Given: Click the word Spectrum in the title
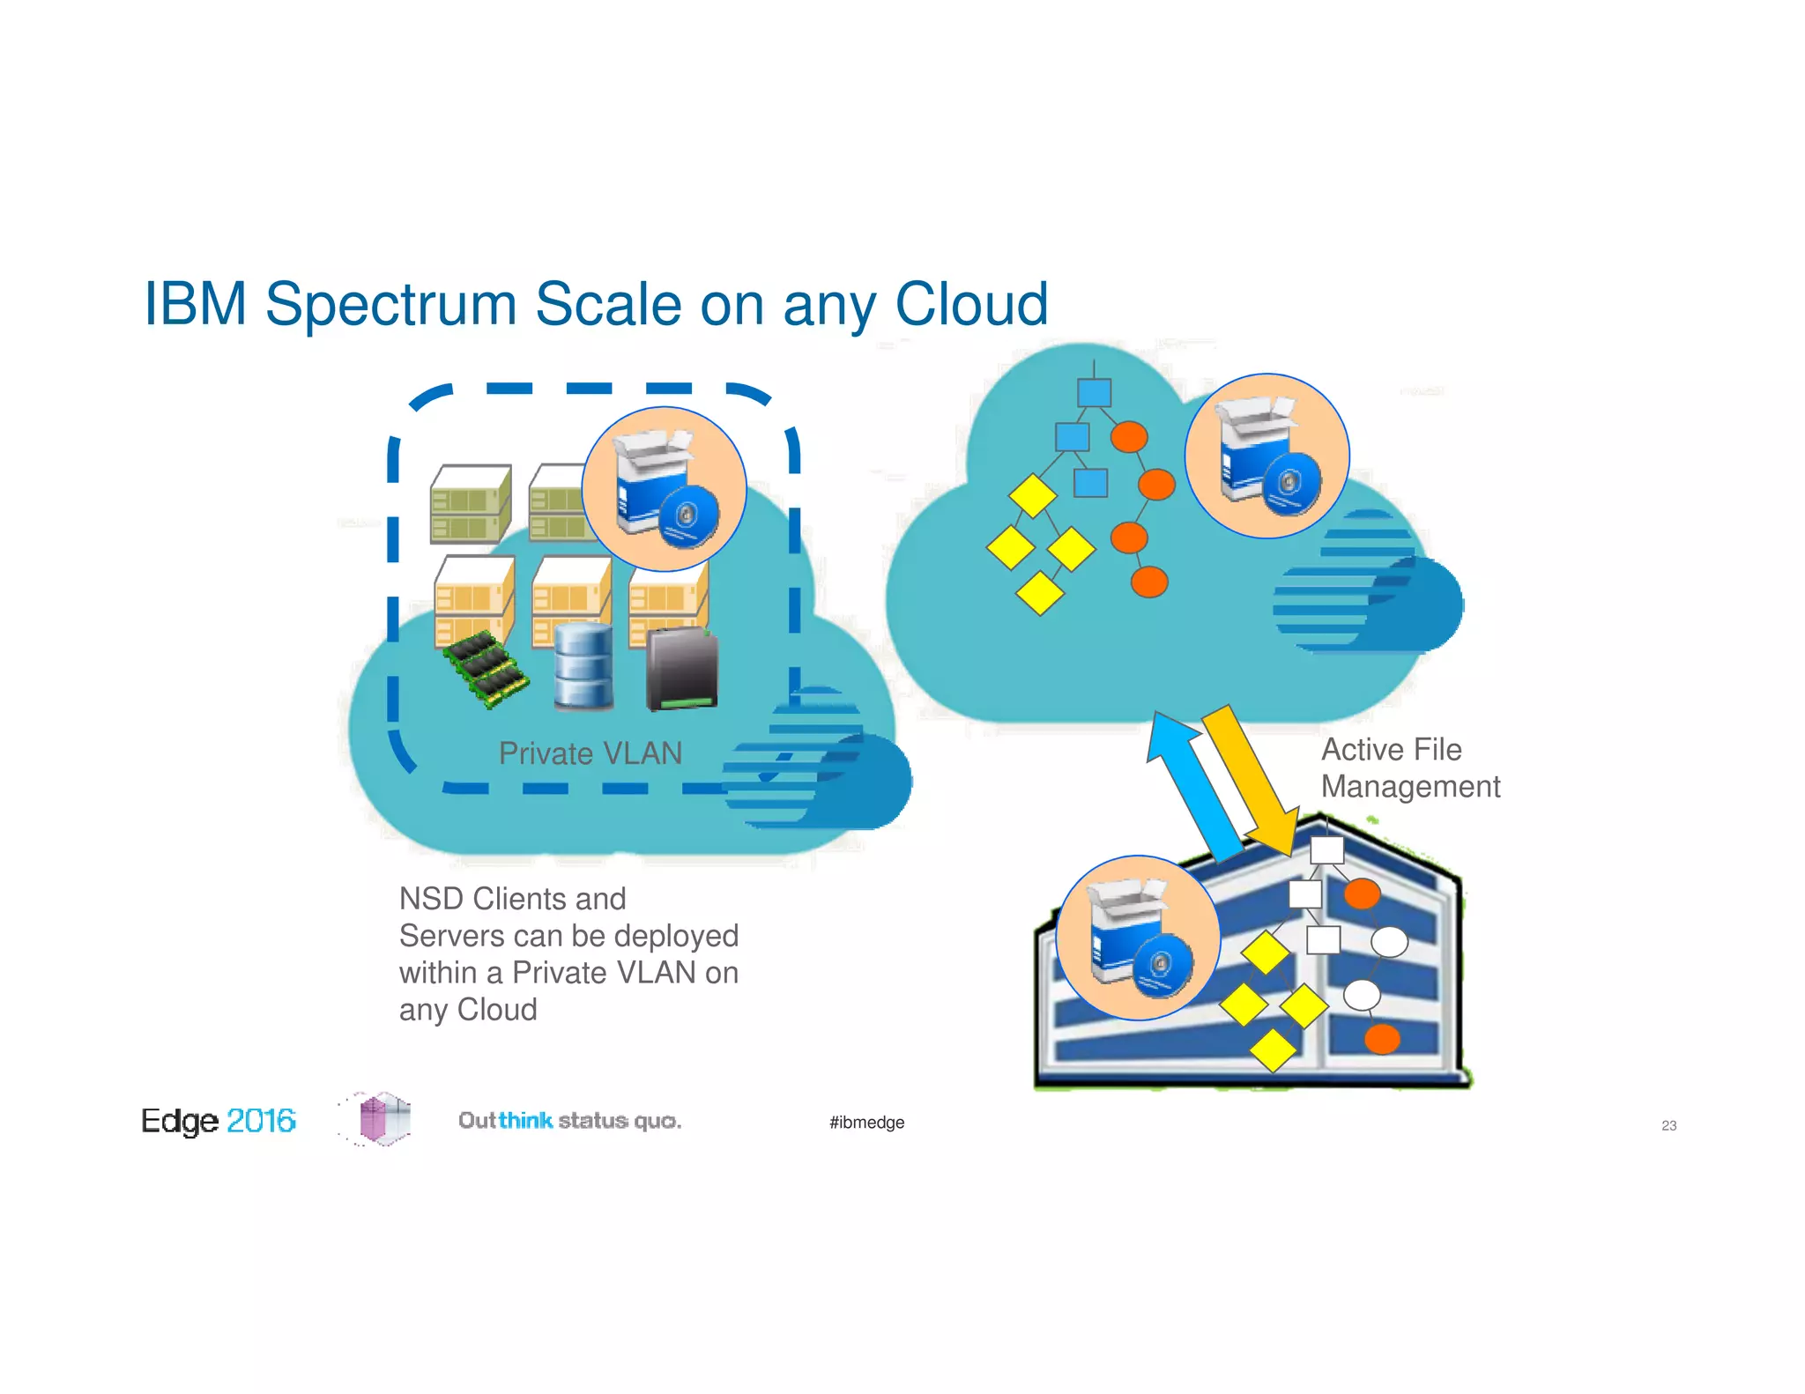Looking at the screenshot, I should click(x=390, y=305).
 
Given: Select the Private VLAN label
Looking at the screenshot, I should click(x=590, y=753).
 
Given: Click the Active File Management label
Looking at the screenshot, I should click(x=1409, y=767).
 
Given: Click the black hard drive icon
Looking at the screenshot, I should click(x=681, y=669).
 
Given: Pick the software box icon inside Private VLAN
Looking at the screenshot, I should click(x=664, y=489).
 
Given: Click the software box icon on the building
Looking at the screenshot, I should click(x=1138, y=938).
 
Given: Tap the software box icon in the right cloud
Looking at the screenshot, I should click(x=1266, y=456).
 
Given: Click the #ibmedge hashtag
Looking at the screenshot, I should click(x=866, y=1122).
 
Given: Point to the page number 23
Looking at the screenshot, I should click(x=1668, y=1125).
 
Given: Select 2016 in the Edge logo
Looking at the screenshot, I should click(x=261, y=1121).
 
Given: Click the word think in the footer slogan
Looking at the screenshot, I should click(x=525, y=1121).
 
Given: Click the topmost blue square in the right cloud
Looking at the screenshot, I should click(x=1094, y=393).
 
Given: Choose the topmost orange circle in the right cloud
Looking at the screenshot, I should click(x=1129, y=437).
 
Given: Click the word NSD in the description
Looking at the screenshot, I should click(x=431, y=899).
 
